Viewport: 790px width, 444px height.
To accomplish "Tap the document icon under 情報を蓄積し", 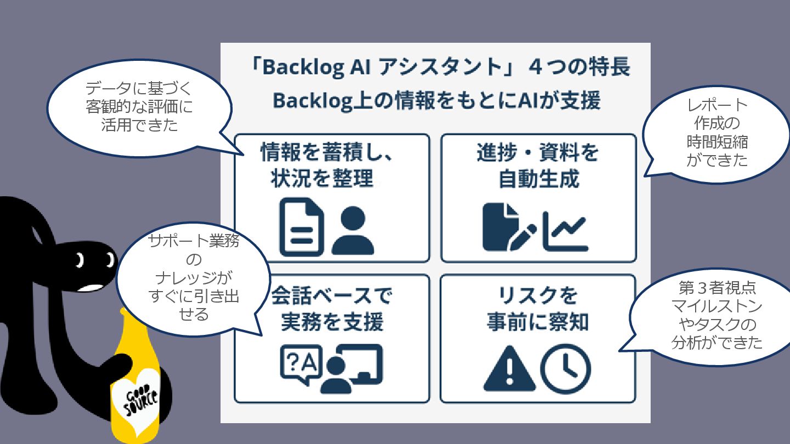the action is pyautogui.click(x=301, y=227).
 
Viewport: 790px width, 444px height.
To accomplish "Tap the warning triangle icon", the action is pyautogui.click(x=509, y=367).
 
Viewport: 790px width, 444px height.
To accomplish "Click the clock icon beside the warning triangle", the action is pyautogui.click(x=566, y=368).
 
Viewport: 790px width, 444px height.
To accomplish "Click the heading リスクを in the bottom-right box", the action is pyautogui.click(x=538, y=296).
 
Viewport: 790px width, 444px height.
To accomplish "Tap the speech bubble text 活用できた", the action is pyautogui.click(x=139, y=125).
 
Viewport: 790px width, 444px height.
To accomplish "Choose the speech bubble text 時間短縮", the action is pyautogui.click(x=717, y=142).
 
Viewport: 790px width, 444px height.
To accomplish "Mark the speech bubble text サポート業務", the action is pyautogui.click(x=194, y=241).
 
